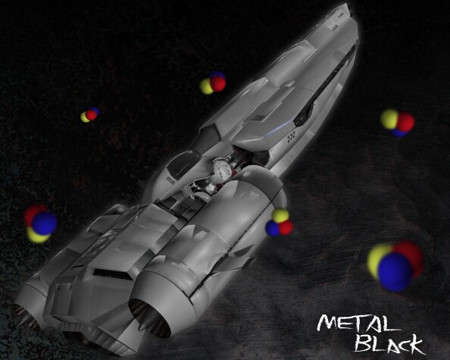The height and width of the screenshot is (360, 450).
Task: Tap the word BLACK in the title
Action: pos(389,343)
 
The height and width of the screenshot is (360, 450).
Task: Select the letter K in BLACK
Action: pos(416,346)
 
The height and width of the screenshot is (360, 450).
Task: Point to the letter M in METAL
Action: pos(327,322)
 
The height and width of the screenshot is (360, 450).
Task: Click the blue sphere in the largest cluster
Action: pos(395,272)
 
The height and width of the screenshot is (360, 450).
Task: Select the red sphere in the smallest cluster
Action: pos(91,115)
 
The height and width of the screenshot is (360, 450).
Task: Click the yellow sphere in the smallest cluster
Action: pos(84,117)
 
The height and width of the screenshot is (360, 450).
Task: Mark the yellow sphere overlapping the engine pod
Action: pos(280,215)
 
